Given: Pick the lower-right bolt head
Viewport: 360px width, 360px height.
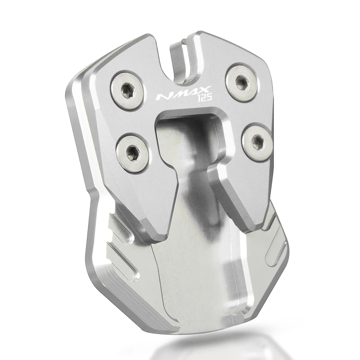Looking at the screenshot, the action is click(x=258, y=141).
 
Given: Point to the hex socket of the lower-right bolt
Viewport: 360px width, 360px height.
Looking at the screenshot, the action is click(x=258, y=141).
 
